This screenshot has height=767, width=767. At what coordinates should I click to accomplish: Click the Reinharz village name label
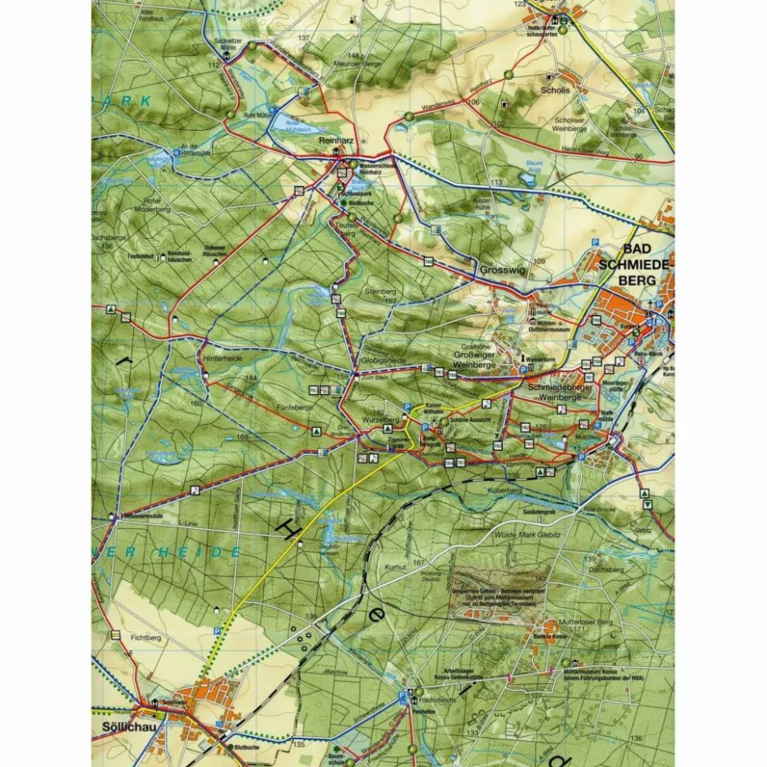click(x=334, y=140)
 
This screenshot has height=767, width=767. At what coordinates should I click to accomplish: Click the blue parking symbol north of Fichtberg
click(x=217, y=631)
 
